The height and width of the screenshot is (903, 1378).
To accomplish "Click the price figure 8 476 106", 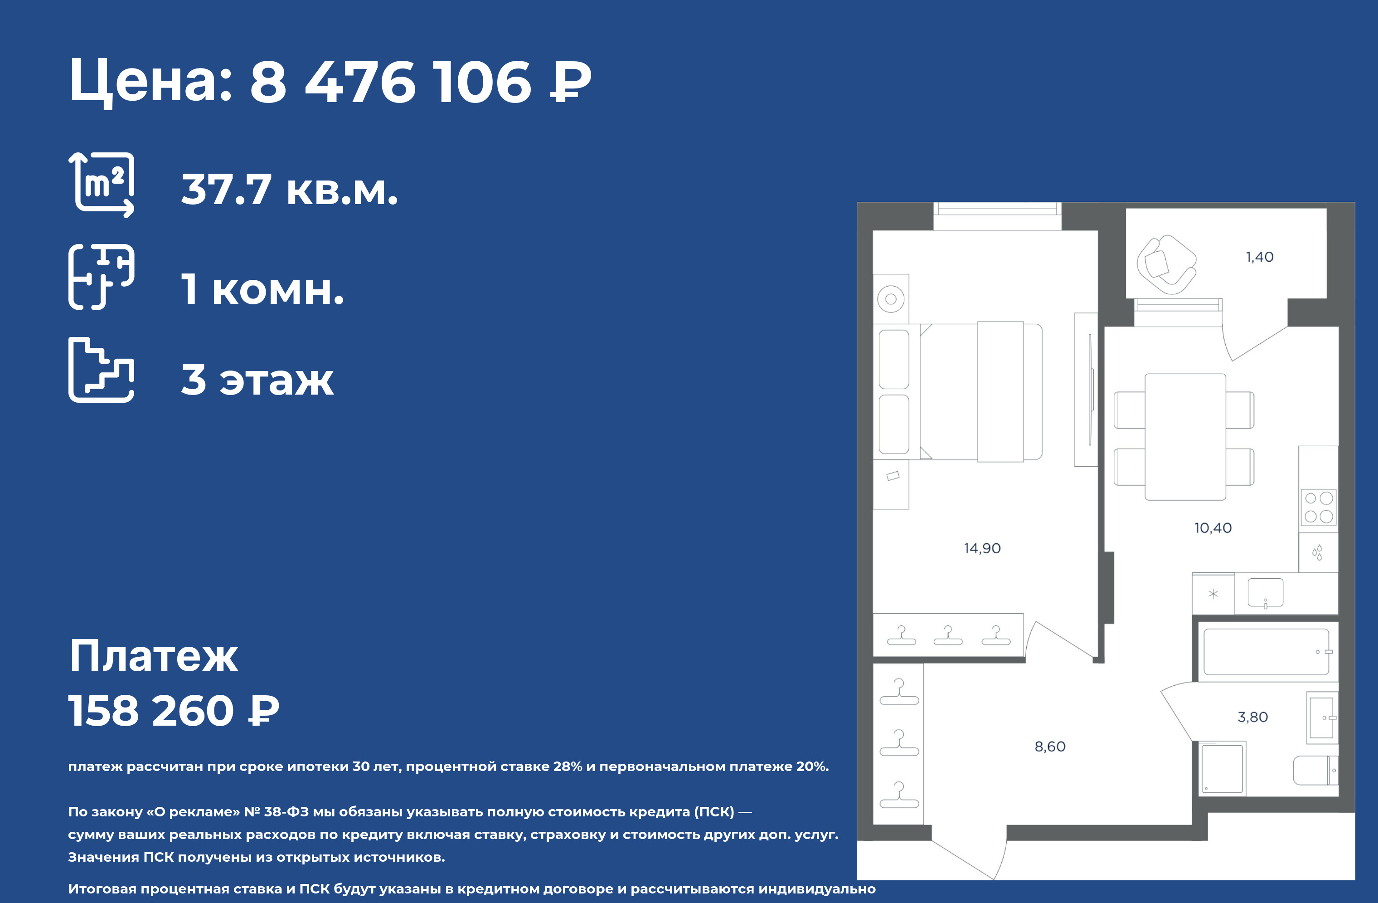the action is (390, 82).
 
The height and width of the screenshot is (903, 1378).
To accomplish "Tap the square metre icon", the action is (102, 185).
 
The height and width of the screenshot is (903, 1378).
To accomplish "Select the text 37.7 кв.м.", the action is (290, 190).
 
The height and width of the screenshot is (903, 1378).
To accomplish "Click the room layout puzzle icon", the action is (102, 277).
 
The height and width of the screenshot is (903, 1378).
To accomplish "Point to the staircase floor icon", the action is (102, 370).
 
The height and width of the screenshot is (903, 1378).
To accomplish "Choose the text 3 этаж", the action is (257, 380).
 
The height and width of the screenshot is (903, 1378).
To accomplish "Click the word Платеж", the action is (153, 656).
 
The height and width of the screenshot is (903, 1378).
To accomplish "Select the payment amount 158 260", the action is (151, 711).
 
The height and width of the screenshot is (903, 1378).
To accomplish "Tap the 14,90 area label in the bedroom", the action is (982, 548).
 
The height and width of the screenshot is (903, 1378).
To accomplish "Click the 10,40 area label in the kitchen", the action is (1213, 527).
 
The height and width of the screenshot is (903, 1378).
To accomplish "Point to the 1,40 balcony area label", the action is (1260, 257).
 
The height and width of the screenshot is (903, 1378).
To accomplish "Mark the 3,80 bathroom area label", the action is (1253, 717).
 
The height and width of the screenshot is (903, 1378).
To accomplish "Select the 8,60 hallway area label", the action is (1050, 747).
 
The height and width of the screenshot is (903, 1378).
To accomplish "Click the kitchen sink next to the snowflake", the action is (1265, 593).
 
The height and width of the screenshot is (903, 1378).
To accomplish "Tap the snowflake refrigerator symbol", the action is (1213, 594).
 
